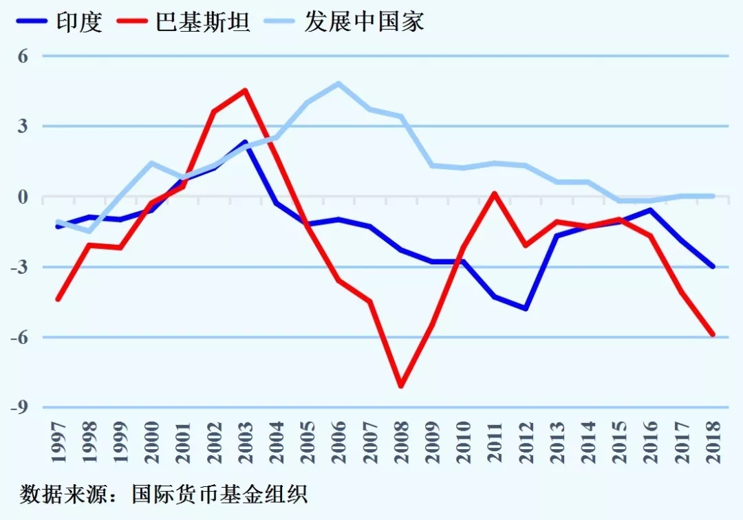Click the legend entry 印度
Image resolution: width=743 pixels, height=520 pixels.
click(x=79, y=21)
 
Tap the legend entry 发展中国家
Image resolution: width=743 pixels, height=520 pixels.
click(x=364, y=21)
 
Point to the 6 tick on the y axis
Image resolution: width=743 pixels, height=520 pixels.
click(x=23, y=56)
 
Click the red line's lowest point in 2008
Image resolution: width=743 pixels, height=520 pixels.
click(x=401, y=386)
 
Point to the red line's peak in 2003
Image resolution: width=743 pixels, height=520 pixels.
click(x=245, y=90)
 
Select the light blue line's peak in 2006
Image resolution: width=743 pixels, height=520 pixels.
click(x=338, y=83)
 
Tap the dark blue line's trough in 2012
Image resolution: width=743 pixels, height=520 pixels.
click(x=526, y=309)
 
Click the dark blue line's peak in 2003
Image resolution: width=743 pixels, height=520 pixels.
click(x=245, y=142)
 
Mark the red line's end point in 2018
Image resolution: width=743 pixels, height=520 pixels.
click(x=713, y=335)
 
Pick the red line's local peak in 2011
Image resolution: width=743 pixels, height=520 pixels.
click(x=495, y=193)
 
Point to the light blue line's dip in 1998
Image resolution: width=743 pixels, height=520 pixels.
click(x=89, y=231)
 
